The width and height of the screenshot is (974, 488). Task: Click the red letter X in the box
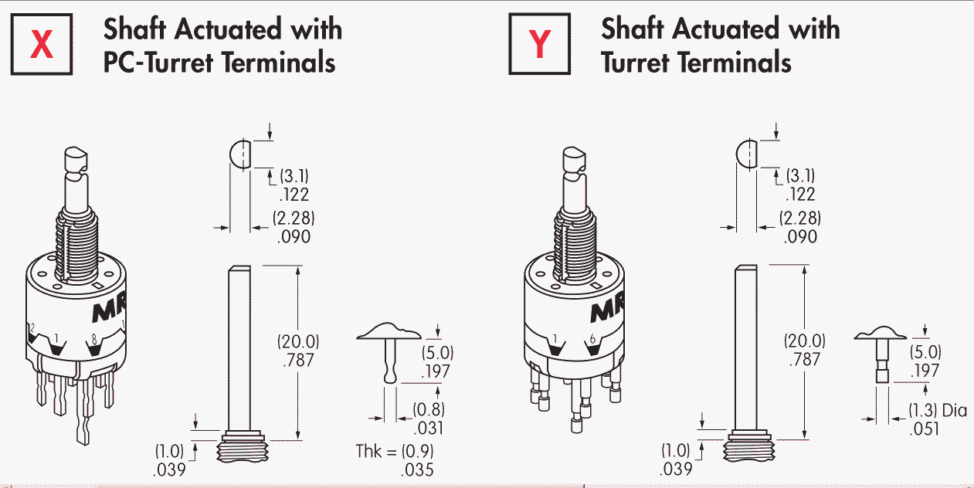pos(42,44)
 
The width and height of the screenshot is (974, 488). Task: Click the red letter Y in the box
pos(539,44)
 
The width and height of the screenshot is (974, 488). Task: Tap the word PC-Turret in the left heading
pos(158,62)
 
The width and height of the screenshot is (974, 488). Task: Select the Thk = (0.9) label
pos(395,452)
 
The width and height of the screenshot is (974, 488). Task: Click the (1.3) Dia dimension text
pos(938,411)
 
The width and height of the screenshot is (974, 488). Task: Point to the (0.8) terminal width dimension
pos(429,409)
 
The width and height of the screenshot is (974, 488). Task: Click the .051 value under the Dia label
pos(924,429)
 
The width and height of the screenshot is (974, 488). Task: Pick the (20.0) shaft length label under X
pos(298,341)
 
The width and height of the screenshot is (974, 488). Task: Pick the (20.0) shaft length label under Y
pos(804,341)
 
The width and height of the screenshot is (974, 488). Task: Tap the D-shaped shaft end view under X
pos(240,154)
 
